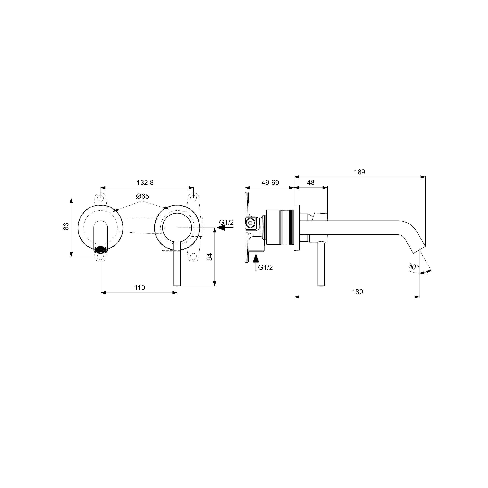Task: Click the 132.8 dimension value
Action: click(x=145, y=182)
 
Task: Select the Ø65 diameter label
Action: click(x=142, y=196)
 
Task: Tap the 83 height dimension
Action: click(x=66, y=226)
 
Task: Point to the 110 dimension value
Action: click(x=140, y=288)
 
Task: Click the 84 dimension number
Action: click(x=209, y=257)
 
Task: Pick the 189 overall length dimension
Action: click(x=359, y=172)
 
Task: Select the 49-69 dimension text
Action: click(x=270, y=182)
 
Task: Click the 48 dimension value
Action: click(x=311, y=182)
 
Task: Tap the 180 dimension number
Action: click(x=357, y=292)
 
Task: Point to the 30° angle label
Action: click(x=413, y=266)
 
